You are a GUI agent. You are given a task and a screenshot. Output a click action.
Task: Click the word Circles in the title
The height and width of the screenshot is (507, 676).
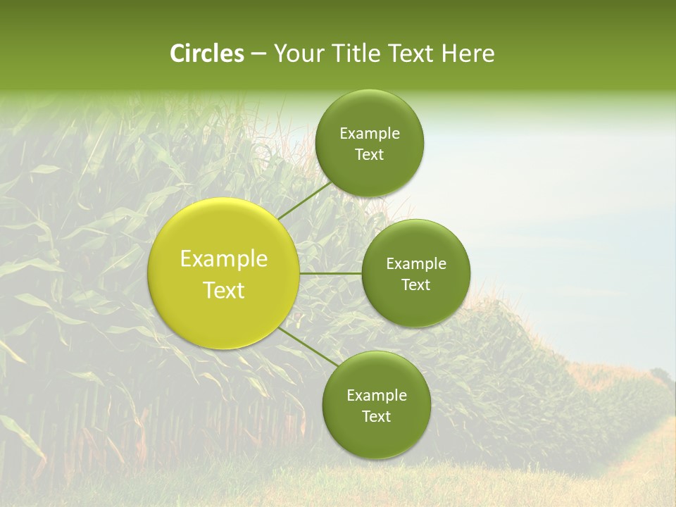pyautogui.click(x=207, y=54)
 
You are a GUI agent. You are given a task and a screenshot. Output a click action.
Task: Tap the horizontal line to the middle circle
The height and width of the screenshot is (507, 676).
pyautogui.click(x=330, y=273)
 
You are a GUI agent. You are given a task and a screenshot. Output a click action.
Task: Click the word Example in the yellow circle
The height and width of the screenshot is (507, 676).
pyautogui.click(x=224, y=259)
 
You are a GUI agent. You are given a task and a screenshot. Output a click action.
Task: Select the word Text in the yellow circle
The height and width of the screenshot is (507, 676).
pyautogui.click(x=224, y=290)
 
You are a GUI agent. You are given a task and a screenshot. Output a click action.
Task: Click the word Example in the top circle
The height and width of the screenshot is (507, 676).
pyautogui.click(x=370, y=134)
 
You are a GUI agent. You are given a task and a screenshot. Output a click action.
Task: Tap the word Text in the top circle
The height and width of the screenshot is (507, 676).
pyautogui.click(x=370, y=155)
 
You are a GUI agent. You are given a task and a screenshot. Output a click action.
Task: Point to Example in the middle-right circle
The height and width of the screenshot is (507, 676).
pyautogui.click(x=416, y=264)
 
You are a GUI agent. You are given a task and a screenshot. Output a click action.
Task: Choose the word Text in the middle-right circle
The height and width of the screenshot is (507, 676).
pyautogui.click(x=416, y=285)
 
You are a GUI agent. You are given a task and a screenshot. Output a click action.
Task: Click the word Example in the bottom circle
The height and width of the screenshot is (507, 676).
pyautogui.click(x=377, y=396)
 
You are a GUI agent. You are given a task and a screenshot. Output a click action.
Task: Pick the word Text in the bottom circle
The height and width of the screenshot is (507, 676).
pyautogui.click(x=377, y=417)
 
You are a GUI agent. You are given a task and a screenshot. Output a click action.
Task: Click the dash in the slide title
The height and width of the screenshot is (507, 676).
pyautogui.click(x=258, y=54)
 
